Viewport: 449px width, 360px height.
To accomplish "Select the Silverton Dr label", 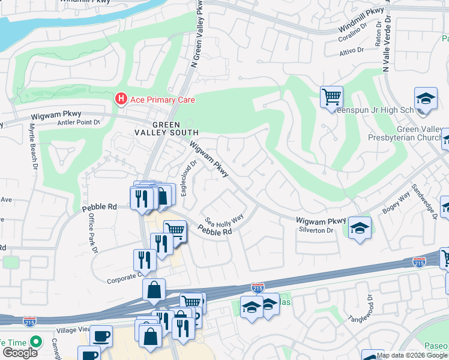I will tap(314, 230).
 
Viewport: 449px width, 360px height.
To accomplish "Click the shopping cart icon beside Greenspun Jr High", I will tap(331, 97).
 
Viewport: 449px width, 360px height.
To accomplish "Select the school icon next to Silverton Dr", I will tap(359, 229).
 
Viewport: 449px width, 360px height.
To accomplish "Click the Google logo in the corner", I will tap(20, 353).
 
